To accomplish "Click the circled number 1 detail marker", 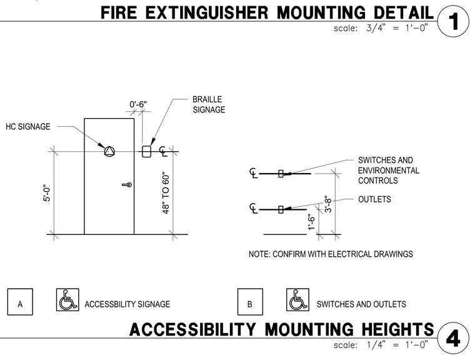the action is coord(454,21).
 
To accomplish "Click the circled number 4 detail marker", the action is coord(454,338).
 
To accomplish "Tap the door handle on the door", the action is coord(127,184).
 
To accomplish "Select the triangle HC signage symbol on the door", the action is coord(109,151).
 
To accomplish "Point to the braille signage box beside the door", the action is coord(146,151).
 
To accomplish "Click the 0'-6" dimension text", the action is coord(138,104).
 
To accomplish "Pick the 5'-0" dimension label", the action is coord(47,193).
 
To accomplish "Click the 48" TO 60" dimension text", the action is coord(166,193).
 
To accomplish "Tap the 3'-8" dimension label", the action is coord(328,204).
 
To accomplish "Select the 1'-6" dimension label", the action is coord(311,222).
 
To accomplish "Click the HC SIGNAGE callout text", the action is coord(28,127).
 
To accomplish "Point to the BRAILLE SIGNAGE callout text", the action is coord(209,104).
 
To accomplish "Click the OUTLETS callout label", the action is coord(374,199).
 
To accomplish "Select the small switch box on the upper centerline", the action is coord(281,174).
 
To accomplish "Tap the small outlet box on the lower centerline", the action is coord(281,209).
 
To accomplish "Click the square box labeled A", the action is coord(20,302).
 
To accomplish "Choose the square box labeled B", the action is coord(250,302).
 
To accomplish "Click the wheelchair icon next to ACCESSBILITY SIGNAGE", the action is coord(67,300).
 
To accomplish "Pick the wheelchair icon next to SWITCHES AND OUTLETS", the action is coord(297,300).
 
